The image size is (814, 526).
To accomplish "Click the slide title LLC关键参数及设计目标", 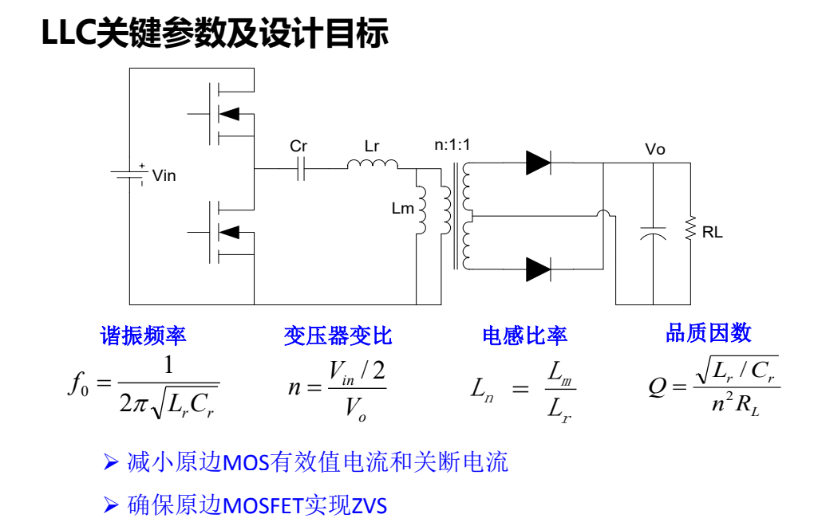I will tap(215, 33).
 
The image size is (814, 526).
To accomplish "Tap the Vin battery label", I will tap(164, 175).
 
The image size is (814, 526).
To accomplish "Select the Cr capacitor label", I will tap(298, 147).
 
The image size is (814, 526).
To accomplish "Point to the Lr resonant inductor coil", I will tap(372, 164).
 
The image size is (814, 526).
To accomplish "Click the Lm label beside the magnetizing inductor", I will tap(403, 209).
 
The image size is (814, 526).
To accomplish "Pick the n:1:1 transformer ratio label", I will tap(452, 145).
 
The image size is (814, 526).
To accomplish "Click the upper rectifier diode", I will tap(538, 163).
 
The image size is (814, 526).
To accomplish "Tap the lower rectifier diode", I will tap(538, 269).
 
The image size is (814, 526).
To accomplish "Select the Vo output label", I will tap(654, 150).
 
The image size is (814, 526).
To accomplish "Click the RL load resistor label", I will tap(713, 233).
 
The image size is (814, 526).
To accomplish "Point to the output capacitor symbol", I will tap(653, 233).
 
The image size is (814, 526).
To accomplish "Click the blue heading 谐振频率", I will tap(143, 335).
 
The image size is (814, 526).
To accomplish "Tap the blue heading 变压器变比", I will tap(338, 335).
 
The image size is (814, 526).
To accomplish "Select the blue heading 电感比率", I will tap(524, 335).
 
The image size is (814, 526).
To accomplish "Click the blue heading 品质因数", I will tap(709, 332).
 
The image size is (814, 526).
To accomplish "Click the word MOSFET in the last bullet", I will tap(263, 505).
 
